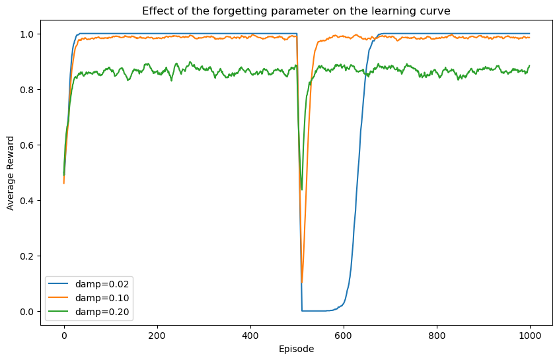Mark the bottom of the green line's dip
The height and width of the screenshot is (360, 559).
coord(302,190)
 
